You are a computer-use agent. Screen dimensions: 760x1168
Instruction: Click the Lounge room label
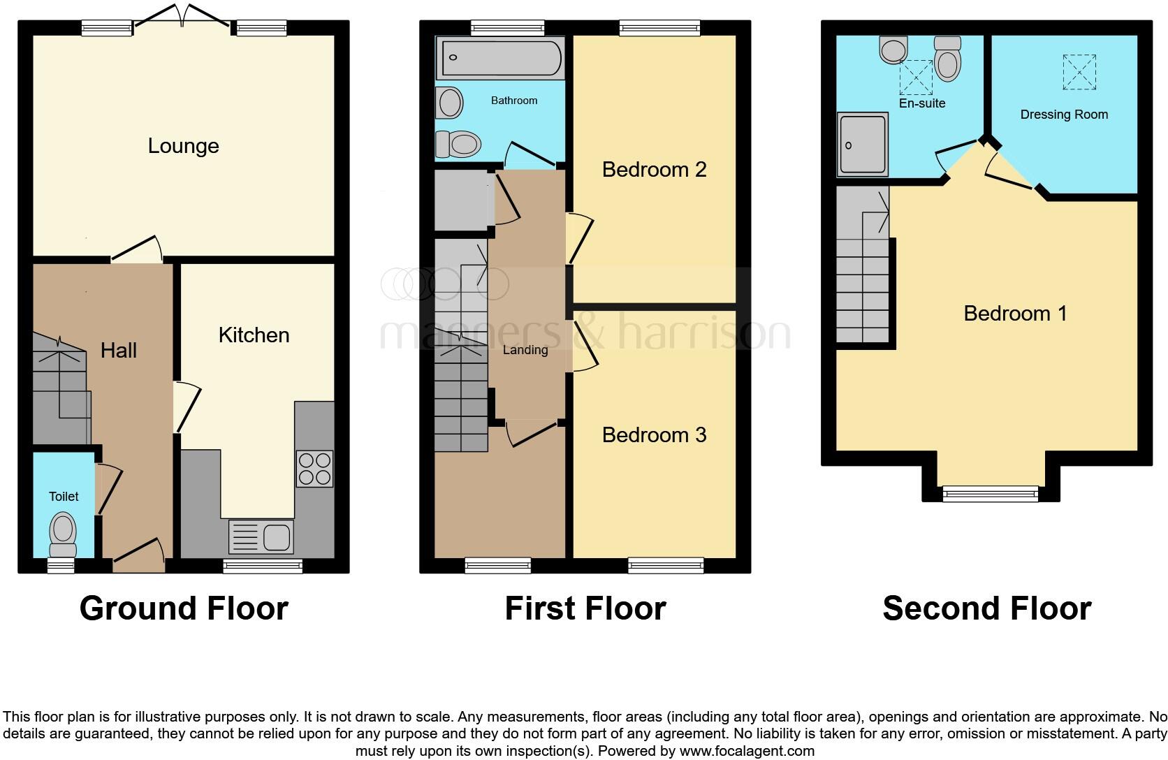point(183,146)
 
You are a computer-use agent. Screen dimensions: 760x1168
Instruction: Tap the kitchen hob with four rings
point(314,469)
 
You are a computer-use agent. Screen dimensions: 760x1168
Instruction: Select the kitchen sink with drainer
point(261,537)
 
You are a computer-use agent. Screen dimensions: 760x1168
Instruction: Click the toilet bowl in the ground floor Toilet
point(64,531)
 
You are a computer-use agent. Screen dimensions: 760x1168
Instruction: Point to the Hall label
point(118,351)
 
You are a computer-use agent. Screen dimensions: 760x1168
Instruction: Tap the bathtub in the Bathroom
point(499,57)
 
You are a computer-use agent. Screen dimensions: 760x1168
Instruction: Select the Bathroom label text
point(513,101)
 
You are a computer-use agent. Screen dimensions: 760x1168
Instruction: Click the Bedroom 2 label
point(654,170)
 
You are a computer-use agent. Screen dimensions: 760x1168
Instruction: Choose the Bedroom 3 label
point(654,435)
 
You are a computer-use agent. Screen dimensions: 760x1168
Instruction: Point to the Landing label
point(525,350)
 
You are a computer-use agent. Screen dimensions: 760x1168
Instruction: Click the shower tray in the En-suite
point(863,144)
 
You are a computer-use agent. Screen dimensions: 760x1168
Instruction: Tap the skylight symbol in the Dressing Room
point(1079,72)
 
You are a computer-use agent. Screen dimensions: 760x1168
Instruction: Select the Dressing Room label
point(1063,115)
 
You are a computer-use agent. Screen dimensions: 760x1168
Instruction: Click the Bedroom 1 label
point(1014,314)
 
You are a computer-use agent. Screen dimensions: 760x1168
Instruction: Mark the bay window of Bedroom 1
point(990,493)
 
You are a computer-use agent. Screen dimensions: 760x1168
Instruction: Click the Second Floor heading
point(986,608)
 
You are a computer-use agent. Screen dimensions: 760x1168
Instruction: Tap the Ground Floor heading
point(184,608)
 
